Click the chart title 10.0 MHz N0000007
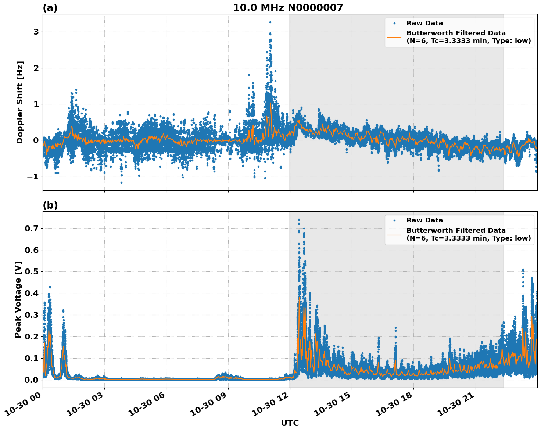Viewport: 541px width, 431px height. pyautogui.click(x=288, y=8)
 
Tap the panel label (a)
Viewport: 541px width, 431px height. pyautogui.click(x=50, y=8)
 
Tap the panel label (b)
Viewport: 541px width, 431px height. pyautogui.click(x=50, y=205)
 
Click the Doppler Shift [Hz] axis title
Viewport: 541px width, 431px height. pyautogui.click(x=20, y=102)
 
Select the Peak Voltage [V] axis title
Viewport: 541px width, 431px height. pyautogui.click(x=18, y=299)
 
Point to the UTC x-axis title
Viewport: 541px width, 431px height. pyautogui.click(x=290, y=423)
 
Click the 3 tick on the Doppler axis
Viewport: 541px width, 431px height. pyautogui.click(x=36, y=32)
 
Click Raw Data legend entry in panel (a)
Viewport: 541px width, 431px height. pyautogui.click(x=424, y=23)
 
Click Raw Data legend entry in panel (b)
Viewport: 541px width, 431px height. pyautogui.click(x=424, y=220)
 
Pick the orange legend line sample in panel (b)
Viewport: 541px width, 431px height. pyautogui.click(x=394, y=234)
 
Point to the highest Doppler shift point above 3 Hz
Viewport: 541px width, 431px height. pyautogui.click(x=270, y=22)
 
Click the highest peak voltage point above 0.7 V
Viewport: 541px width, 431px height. pyautogui.click(x=299, y=220)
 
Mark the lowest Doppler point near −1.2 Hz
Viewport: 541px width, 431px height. pyautogui.click(x=121, y=182)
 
